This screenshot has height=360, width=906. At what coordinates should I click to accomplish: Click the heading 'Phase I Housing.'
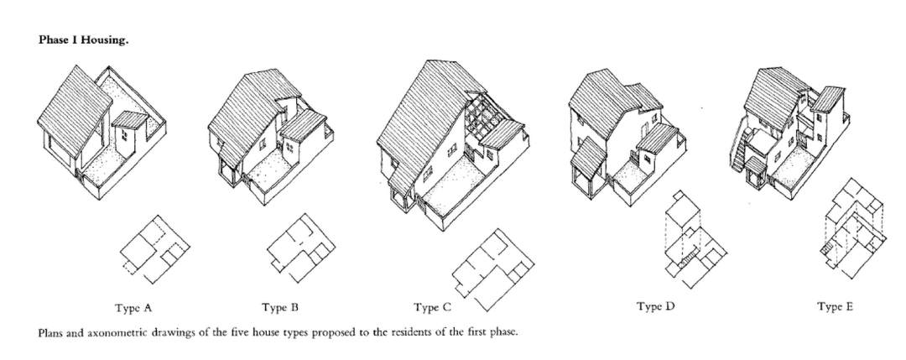[x=83, y=40]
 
